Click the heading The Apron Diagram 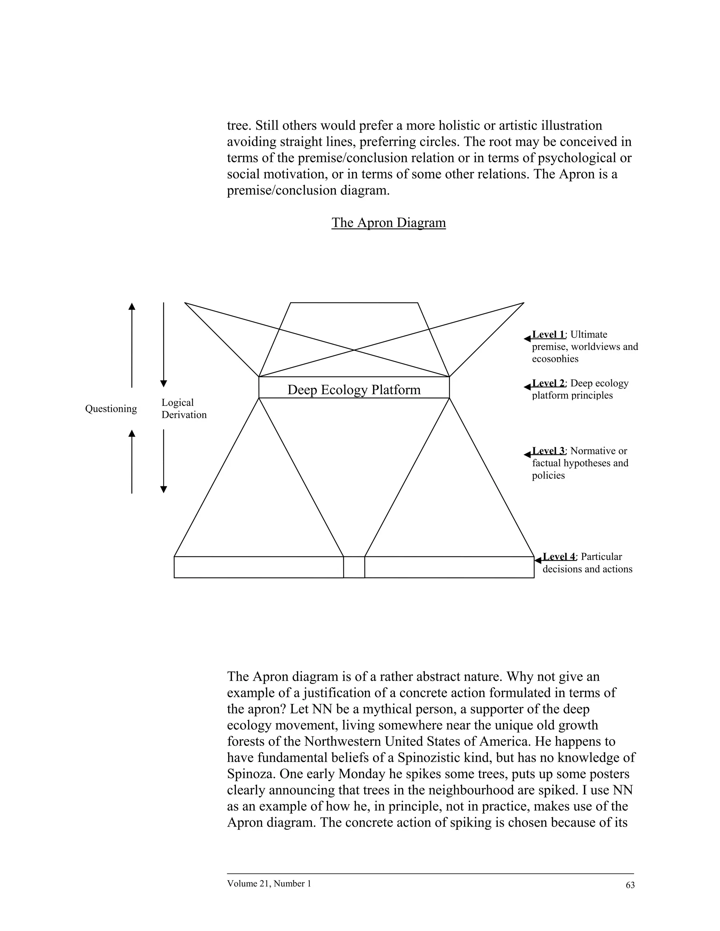pos(388,222)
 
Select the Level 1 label pos(548,334)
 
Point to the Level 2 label pos(548,383)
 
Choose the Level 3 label pos(548,451)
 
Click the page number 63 pos(630,885)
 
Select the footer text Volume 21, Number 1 pos(269,883)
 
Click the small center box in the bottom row pos(354,567)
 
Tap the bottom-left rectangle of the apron pos(258,567)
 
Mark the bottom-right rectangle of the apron pos(449,567)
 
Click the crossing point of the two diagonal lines pos(354,350)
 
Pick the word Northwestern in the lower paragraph pos(342,741)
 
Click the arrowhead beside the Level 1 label pos(527,339)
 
